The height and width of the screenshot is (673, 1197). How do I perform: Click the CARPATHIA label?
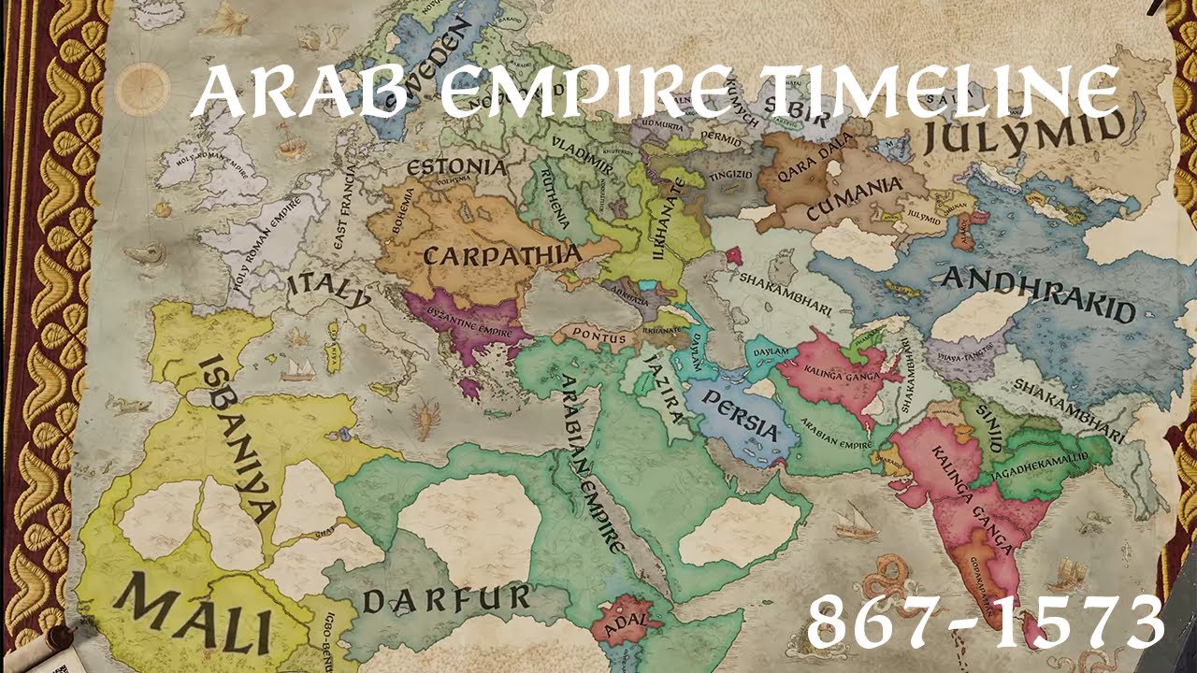point(502,255)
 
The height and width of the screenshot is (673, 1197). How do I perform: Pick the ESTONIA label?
point(457,168)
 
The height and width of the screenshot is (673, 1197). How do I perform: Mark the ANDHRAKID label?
point(1038,294)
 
